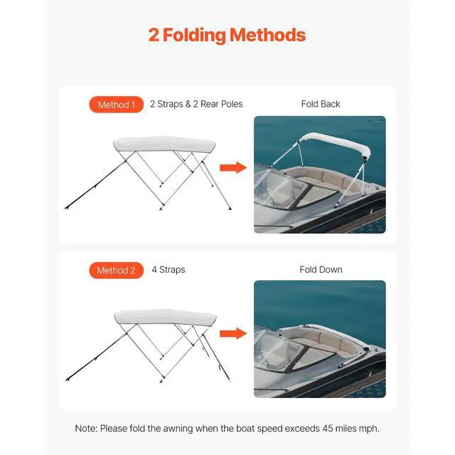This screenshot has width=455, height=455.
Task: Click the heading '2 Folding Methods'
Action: (227, 36)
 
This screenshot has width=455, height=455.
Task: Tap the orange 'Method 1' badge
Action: (114, 105)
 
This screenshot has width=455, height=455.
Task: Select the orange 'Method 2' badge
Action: (114, 270)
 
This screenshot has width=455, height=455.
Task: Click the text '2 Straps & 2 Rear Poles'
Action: (196, 104)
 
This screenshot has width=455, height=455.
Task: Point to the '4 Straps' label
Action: (168, 269)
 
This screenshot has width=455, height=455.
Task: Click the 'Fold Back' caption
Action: (321, 104)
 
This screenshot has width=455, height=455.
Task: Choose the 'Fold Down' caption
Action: (321, 269)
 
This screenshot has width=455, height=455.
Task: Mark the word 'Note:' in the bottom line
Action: (87, 429)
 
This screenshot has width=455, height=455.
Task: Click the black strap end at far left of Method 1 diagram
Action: (68, 208)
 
